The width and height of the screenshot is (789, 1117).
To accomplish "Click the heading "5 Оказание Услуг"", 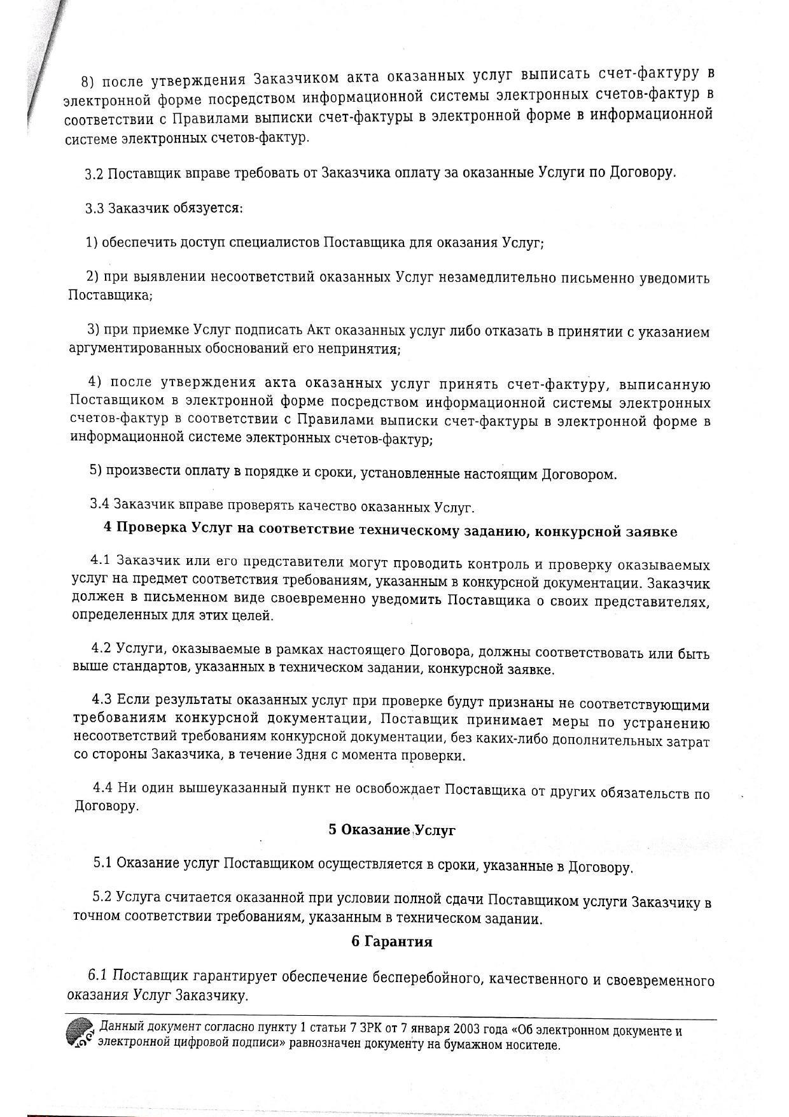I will (392, 829).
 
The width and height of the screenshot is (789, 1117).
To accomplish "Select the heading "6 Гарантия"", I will (391, 941).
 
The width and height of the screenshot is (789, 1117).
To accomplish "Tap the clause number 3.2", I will (94, 173).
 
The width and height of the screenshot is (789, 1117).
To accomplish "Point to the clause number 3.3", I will (95, 208).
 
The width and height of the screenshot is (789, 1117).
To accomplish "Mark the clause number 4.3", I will (102, 699).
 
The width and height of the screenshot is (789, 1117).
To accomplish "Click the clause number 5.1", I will (103, 863).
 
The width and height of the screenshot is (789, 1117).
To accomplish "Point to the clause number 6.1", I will (99, 975).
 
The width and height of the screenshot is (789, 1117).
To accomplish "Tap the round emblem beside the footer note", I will (80, 1034).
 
